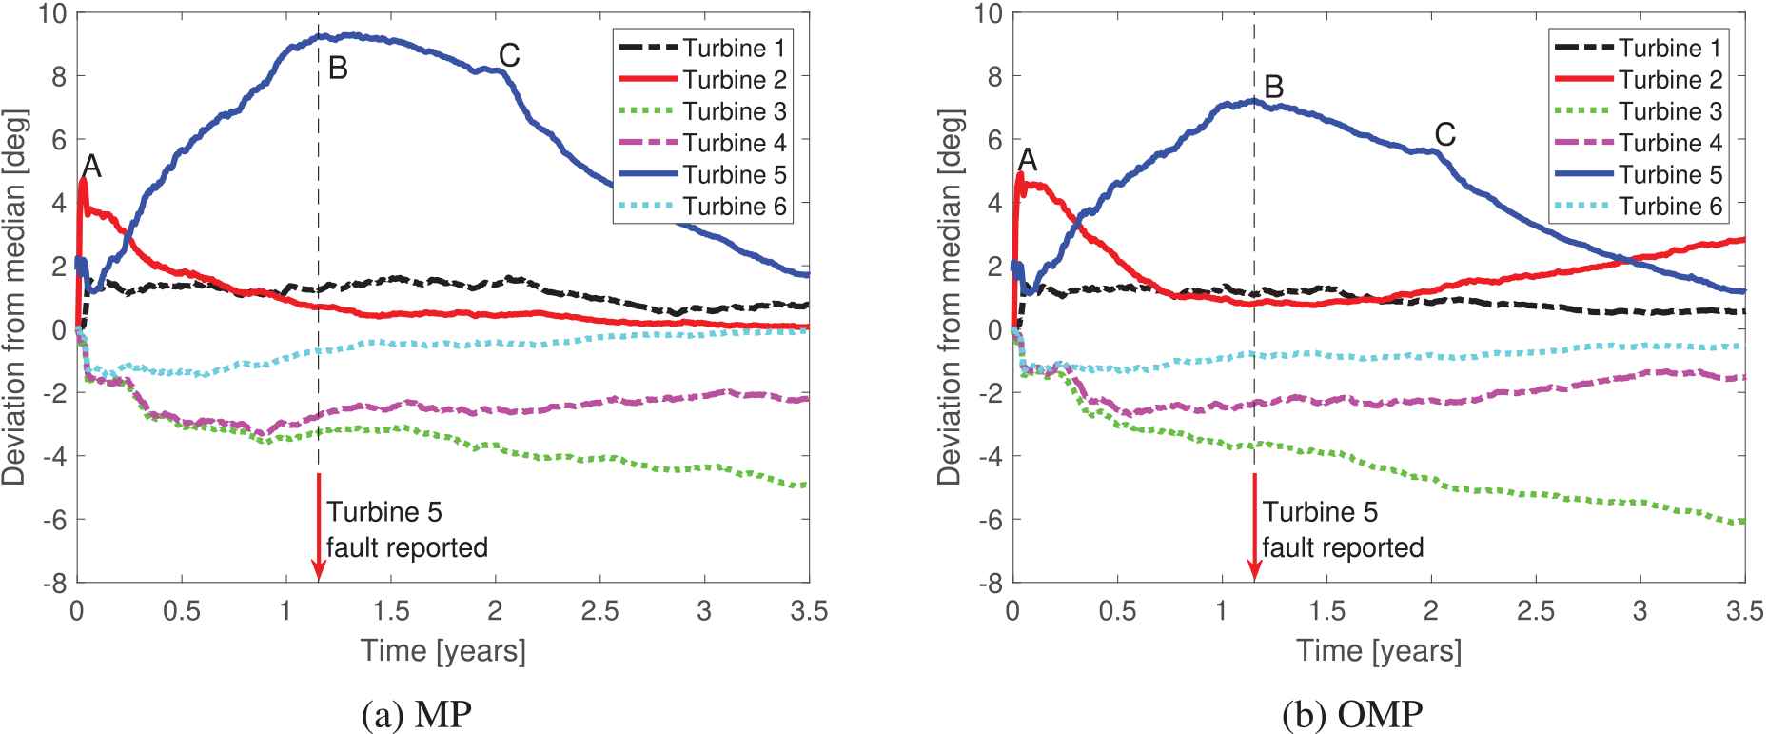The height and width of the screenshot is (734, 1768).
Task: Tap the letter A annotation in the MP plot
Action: tap(91, 167)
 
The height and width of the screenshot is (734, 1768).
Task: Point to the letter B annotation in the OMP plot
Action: tap(1273, 88)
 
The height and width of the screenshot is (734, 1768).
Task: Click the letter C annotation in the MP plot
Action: tap(509, 56)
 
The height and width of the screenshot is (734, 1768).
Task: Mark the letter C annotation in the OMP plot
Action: tap(1444, 135)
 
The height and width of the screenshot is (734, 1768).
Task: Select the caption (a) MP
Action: tap(417, 715)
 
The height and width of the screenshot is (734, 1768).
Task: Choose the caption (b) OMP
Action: tap(1352, 715)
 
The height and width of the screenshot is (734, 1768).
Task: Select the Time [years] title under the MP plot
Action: tap(442, 651)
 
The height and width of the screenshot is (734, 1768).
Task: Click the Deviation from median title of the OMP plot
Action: tap(949, 297)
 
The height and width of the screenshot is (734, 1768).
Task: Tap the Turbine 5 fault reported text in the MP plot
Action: tap(407, 530)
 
